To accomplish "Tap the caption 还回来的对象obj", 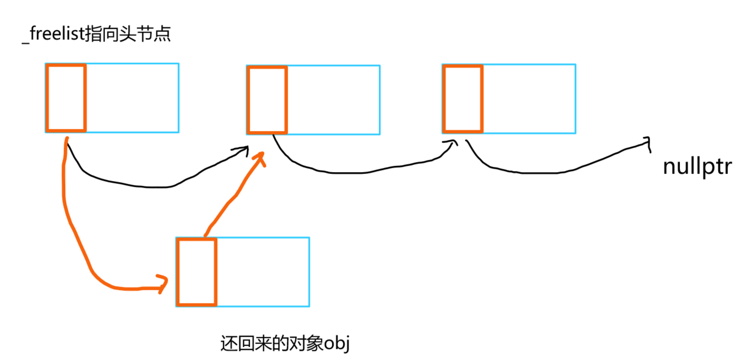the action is click(x=285, y=344).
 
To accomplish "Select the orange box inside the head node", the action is click(x=66, y=98).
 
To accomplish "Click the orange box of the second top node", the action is click(x=267, y=99).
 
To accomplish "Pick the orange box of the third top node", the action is click(x=463, y=98).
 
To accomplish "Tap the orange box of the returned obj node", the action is click(x=197, y=272).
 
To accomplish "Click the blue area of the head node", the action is click(x=132, y=98).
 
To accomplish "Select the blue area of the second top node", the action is click(x=333, y=99).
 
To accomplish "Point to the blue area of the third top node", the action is click(x=529, y=98).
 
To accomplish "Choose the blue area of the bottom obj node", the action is click(x=263, y=272).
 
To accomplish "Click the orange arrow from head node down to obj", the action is click(x=74, y=232).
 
